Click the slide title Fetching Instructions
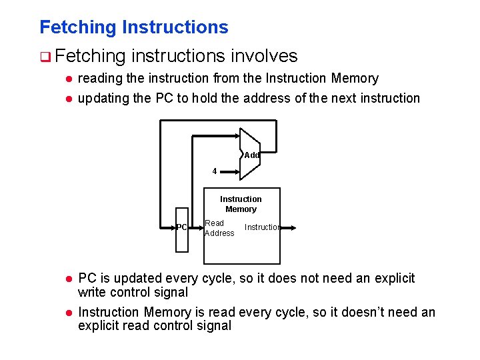pyautogui.click(x=133, y=27)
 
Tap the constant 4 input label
pyautogui.click(x=215, y=171)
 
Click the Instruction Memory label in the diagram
pyautogui.click(x=241, y=204)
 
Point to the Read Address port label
pyautogui.click(x=219, y=228)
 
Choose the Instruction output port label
pyautogui.click(x=261, y=227)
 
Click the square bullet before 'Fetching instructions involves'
pyautogui.click(x=43, y=57)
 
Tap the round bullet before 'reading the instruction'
pyautogui.click(x=68, y=79)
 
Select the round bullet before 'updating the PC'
pyautogui.click(x=68, y=99)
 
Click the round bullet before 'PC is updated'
pyautogui.click(x=68, y=278)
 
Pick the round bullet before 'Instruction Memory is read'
pyautogui.click(x=68, y=312)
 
